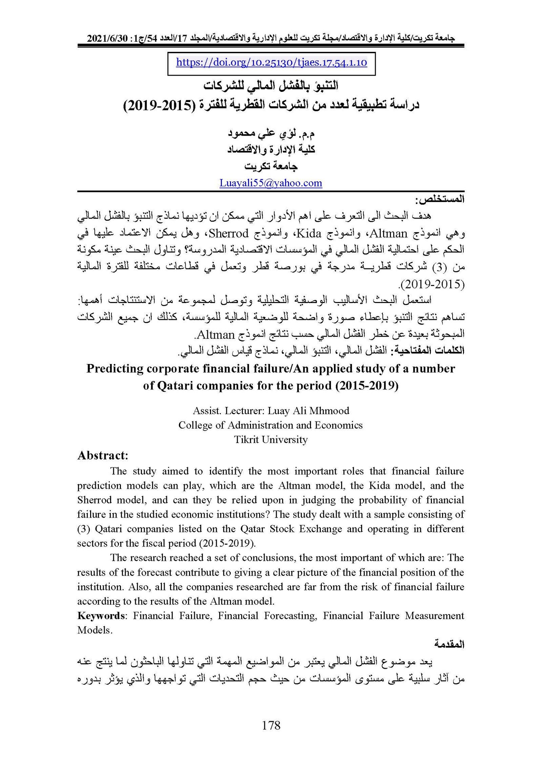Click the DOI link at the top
271,62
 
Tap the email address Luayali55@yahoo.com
271,183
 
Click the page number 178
271,725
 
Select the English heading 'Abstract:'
103,455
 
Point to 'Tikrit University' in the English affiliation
271,440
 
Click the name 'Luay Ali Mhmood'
308,411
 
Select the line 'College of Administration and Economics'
271,425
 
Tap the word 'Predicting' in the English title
115,368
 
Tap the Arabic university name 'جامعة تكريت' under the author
271,166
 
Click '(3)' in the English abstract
83,529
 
